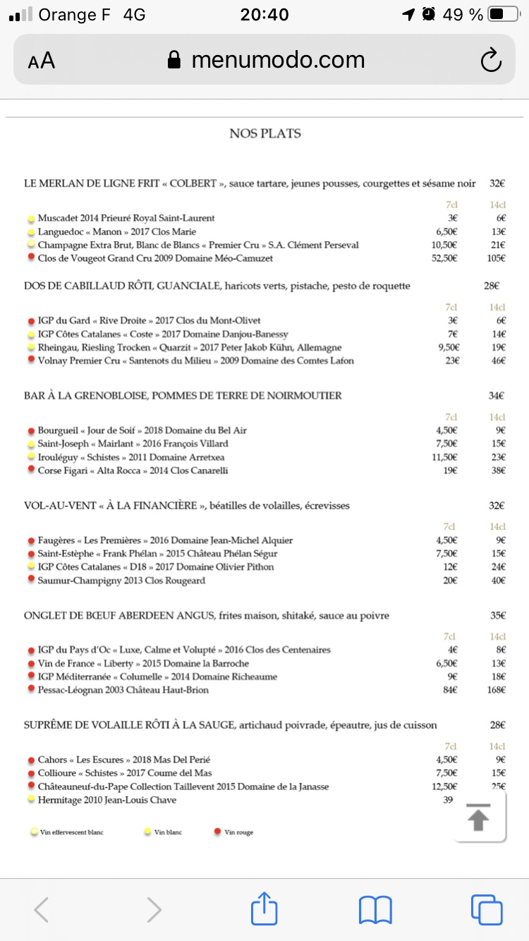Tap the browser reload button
pos(490,61)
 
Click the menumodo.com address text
pos(278,61)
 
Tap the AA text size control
pos(42,61)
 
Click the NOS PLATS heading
pos(264,133)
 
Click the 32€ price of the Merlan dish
pos(497,183)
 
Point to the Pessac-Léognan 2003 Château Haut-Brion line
pos(123,690)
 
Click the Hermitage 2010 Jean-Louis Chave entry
pos(107,800)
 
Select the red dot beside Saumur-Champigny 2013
pos(31,581)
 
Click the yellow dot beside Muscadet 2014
pos(31,219)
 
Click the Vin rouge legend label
pos(238,832)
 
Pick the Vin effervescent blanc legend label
pos(71,832)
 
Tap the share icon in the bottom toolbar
pos(264,909)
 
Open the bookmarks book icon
pos(375,909)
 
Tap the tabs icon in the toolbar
pos(486,909)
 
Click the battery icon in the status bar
pos(503,15)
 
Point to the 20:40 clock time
pos(264,15)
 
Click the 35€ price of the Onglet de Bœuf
pos(497,615)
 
